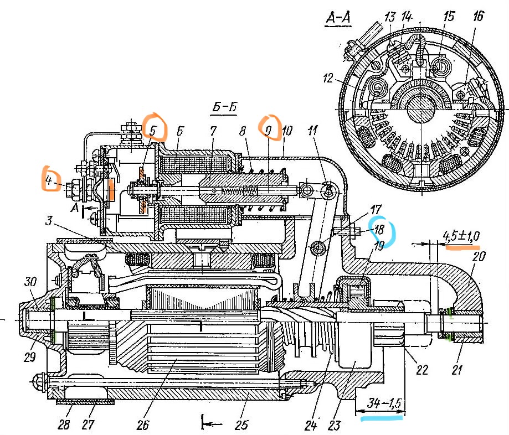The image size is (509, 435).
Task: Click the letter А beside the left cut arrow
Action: [x=75, y=208]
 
